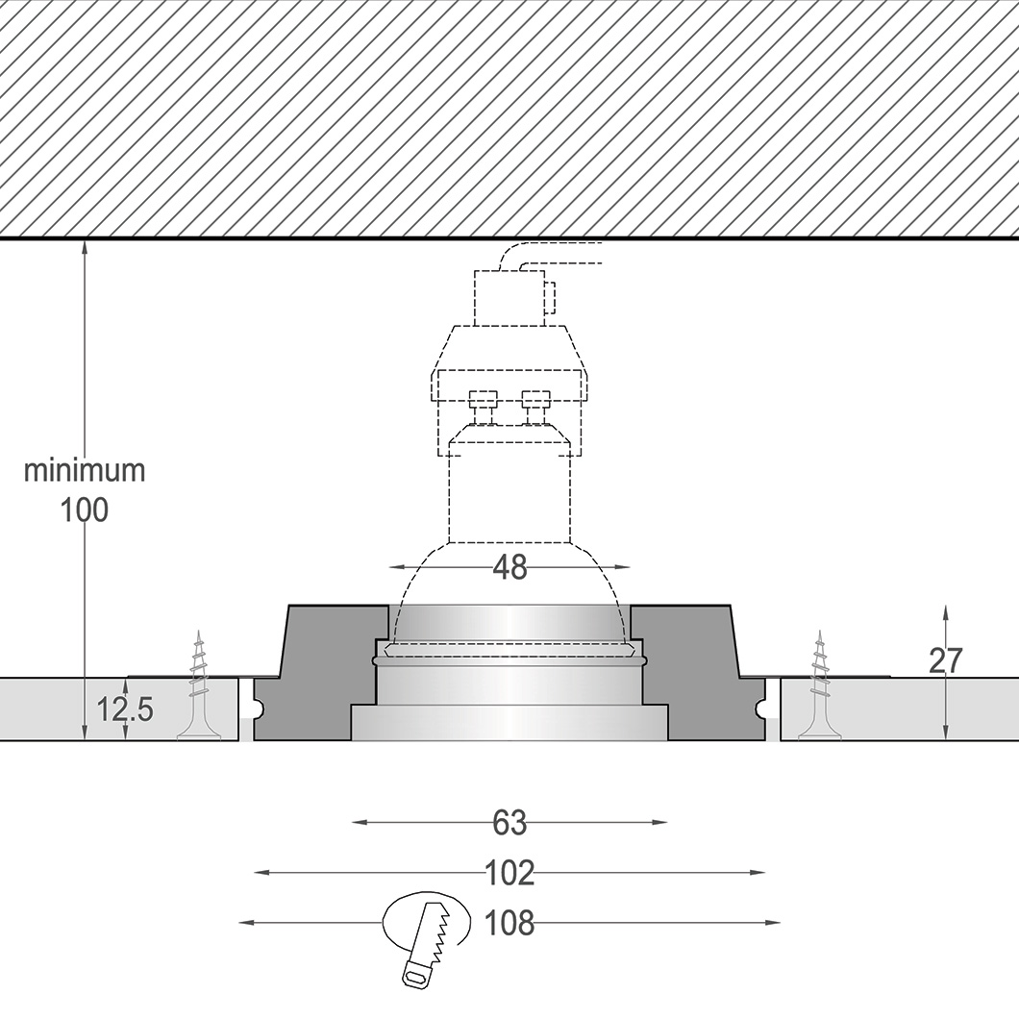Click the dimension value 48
click(x=509, y=567)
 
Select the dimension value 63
click(x=509, y=823)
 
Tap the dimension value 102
click(x=509, y=873)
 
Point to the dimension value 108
click(x=509, y=923)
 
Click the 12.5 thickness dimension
click(x=125, y=709)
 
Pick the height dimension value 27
click(x=947, y=660)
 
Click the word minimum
click(x=85, y=471)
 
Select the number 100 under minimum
click(x=85, y=510)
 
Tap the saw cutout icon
click(x=428, y=937)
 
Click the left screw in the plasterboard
click(x=200, y=686)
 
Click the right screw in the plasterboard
click(x=820, y=686)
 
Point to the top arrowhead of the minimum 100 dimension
click(x=85, y=247)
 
